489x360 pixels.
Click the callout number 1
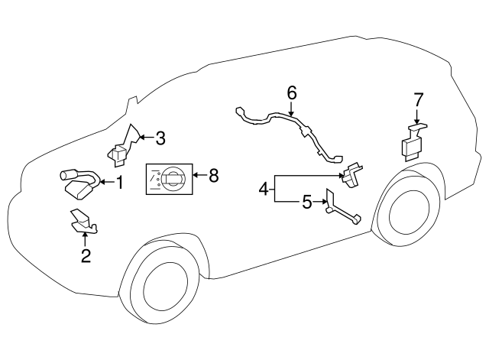pos(120,182)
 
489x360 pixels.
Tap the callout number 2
pos(86,256)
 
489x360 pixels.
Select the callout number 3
pos(160,138)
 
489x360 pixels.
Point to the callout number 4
pos(264,189)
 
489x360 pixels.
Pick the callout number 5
pos(307,203)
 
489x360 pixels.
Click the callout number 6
pos(291,92)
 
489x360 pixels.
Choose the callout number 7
pos(418,100)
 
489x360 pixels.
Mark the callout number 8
pos(214,176)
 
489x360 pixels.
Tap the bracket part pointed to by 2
pos(83,222)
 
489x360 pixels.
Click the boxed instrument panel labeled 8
pos(170,179)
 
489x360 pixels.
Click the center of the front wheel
pos(166,286)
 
